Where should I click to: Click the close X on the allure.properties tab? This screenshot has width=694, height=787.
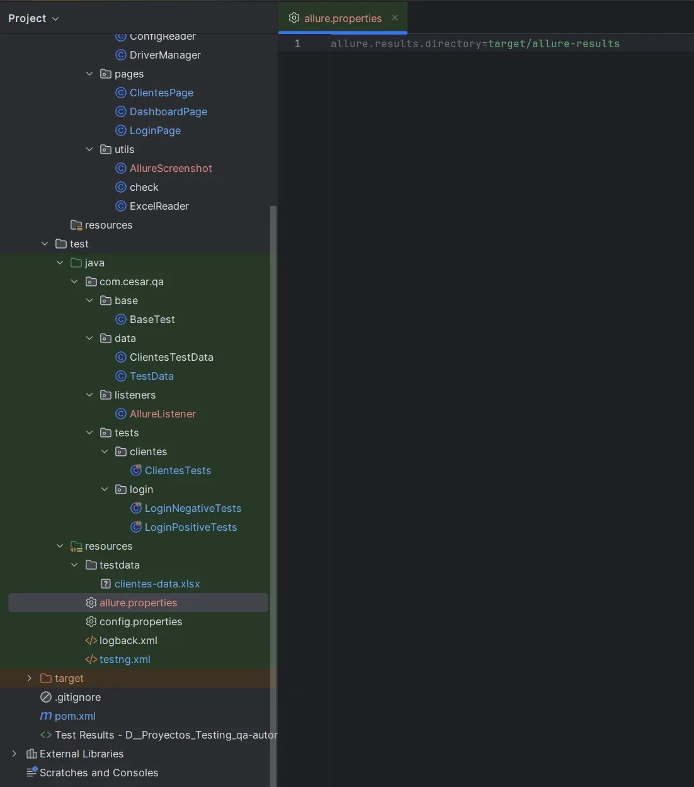[x=395, y=18]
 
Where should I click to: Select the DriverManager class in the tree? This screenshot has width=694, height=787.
[x=164, y=55]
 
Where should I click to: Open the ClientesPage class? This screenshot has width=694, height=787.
[x=161, y=93]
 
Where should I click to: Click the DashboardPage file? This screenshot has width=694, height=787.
[x=168, y=111]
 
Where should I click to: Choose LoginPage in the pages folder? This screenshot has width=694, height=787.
[x=155, y=130]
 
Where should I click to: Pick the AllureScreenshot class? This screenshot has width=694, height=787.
[x=171, y=168]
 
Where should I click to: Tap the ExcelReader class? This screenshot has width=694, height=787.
[x=159, y=206]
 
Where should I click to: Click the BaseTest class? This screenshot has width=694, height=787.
[x=152, y=319]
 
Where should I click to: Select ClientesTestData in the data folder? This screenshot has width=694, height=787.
[x=171, y=357]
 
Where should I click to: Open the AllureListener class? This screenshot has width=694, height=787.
[x=162, y=414]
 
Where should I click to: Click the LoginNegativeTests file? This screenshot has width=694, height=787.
[x=193, y=508]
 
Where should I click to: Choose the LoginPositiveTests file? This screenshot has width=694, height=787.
[x=190, y=527]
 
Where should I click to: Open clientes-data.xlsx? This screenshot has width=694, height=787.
[x=157, y=584]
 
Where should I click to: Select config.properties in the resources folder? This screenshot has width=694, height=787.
[x=140, y=621]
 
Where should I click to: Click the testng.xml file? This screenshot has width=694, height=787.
[x=125, y=659]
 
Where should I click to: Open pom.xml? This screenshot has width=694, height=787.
[x=75, y=716]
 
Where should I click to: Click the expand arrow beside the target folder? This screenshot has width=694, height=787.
[x=29, y=678]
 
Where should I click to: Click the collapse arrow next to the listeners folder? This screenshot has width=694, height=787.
[x=89, y=395]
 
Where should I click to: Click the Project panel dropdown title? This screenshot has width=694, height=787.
[x=33, y=18]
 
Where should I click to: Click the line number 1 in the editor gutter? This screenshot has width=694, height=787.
[x=297, y=43]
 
